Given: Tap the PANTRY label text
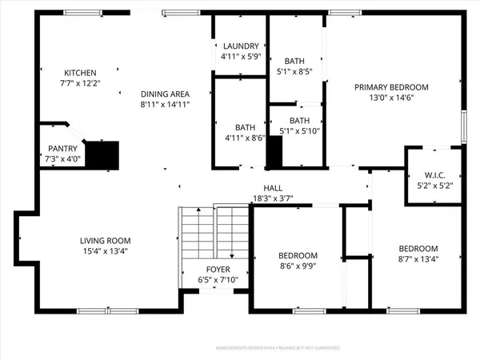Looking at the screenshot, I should [x=62, y=148].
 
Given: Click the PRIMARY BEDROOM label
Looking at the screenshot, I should [x=392, y=87].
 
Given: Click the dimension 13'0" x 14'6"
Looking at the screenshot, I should [x=392, y=98].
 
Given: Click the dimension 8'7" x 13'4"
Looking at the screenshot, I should [x=418, y=258].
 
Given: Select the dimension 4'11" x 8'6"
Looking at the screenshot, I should [x=244, y=138].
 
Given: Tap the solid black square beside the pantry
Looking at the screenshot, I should [x=102, y=154].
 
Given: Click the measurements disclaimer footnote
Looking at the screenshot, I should [x=278, y=348].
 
